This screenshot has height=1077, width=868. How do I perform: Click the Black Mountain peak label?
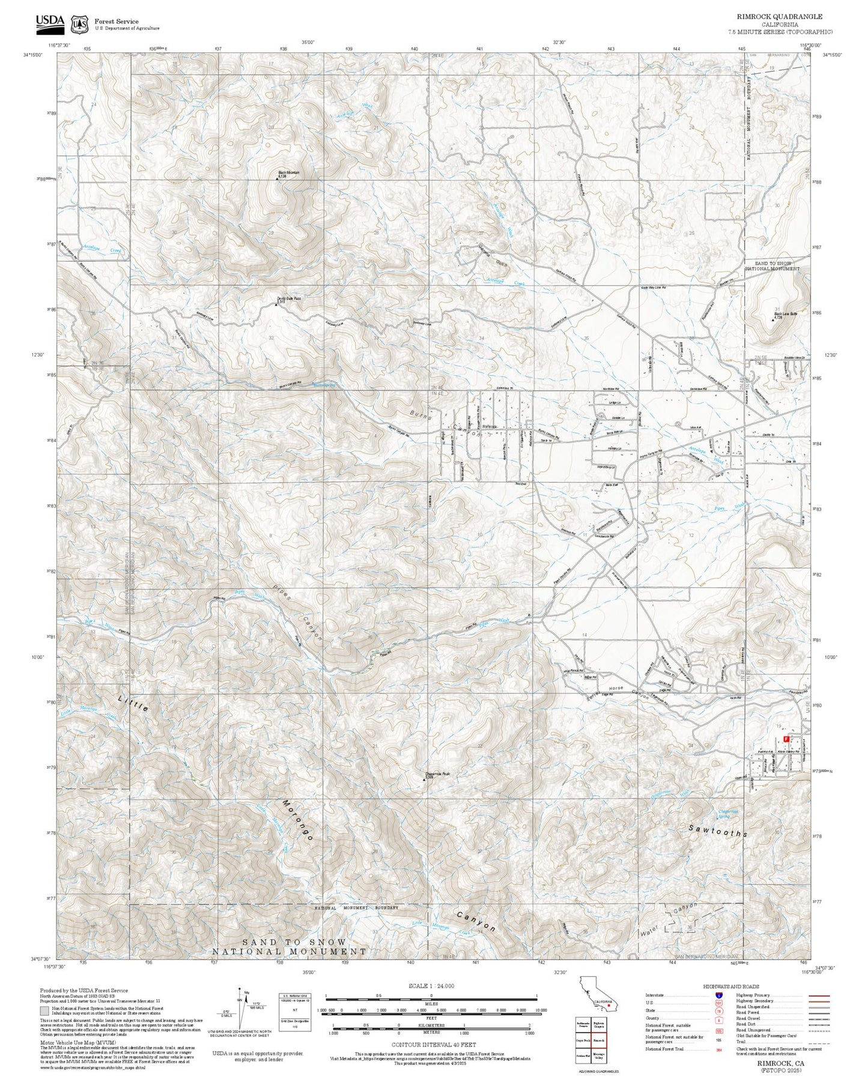click(288, 173)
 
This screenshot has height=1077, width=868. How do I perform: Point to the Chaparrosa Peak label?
click(437, 774)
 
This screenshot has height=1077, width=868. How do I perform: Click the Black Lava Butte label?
click(785, 314)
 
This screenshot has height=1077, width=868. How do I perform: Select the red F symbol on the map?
click(786, 740)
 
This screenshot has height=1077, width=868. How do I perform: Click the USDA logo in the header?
click(50, 22)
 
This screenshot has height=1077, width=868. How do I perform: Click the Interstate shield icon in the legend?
click(718, 995)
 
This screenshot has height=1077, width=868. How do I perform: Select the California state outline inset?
click(597, 997)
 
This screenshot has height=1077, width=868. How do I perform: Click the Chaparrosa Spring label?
click(728, 814)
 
